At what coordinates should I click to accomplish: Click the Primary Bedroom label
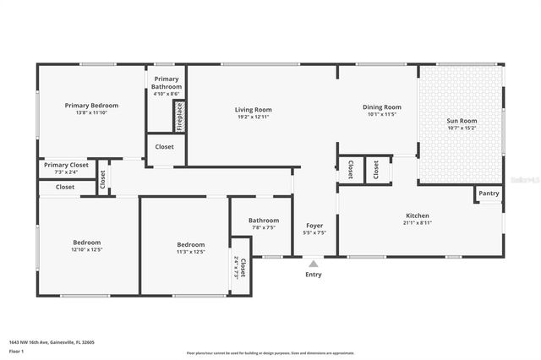pos(91,106)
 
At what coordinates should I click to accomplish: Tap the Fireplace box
pos(179,116)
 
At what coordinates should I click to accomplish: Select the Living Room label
pos(253,109)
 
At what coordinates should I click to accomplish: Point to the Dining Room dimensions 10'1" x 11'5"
pos(381,114)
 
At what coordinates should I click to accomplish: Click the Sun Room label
pos(462,121)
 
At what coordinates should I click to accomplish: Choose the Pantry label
pos(489,194)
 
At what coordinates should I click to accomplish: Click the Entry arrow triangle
pos(313,263)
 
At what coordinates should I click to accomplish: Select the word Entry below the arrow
pos(313,275)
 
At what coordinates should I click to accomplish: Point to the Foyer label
pos(314,226)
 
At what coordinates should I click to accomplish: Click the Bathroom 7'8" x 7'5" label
pos(262,224)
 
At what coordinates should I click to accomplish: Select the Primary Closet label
pos(66,165)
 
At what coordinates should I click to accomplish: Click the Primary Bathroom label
pos(166,83)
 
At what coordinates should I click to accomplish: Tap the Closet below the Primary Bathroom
pos(165,146)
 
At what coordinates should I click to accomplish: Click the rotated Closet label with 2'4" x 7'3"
pos(240,269)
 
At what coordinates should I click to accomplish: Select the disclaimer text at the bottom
pos(281,352)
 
